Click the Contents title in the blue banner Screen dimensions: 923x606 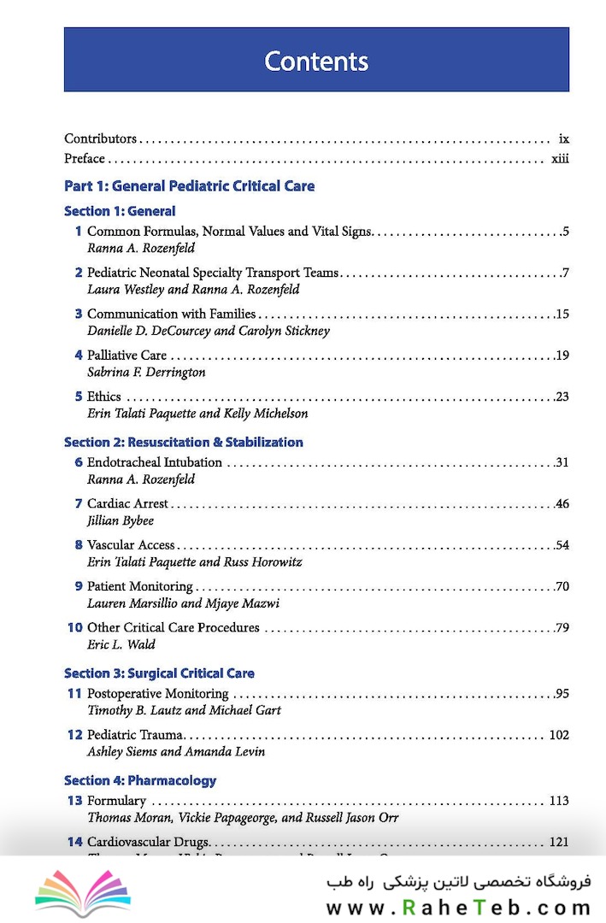[316, 62]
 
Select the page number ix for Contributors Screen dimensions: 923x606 [563, 138]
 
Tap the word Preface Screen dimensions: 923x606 [85, 158]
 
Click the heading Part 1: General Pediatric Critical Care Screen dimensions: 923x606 [189, 185]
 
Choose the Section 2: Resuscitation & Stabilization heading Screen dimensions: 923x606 [183, 442]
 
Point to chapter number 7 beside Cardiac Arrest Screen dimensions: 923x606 [79, 503]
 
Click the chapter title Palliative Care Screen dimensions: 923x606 [126, 356]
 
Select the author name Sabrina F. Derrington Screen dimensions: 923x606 [146, 373]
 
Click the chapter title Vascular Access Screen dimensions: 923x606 [131, 544]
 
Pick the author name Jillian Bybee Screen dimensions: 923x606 [121, 520]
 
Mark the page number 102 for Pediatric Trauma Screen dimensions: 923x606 [558, 735]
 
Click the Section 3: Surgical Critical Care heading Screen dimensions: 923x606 [159, 673]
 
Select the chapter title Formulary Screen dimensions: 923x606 [116, 801]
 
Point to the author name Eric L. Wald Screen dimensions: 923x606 [121, 644]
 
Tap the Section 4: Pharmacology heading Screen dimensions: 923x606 [140, 780]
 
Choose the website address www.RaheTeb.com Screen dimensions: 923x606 [458, 908]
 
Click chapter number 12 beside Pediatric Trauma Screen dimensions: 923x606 [75, 735]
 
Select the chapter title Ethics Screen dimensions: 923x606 [104, 397]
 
